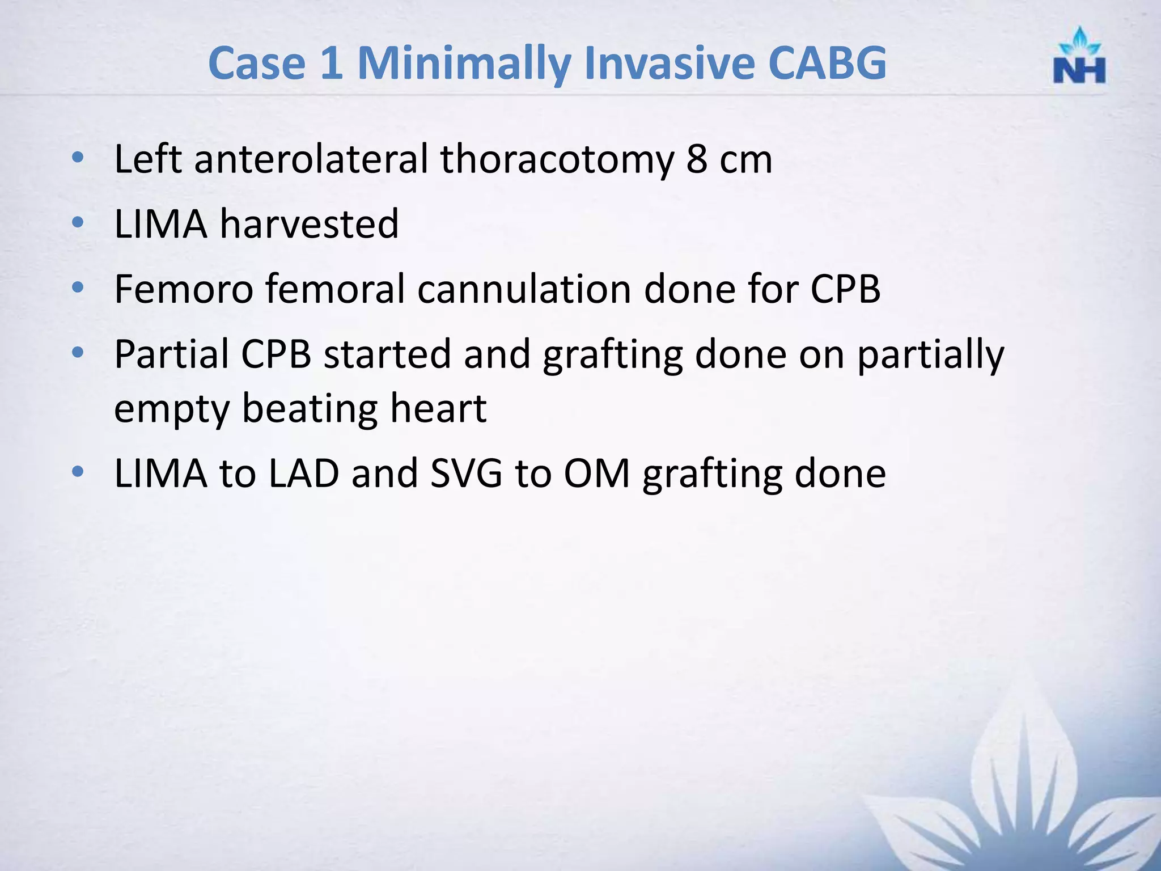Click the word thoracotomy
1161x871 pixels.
[557, 159]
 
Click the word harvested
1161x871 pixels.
[310, 223]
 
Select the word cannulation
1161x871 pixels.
[524, 289]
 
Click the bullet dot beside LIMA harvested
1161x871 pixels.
[78, 222]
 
